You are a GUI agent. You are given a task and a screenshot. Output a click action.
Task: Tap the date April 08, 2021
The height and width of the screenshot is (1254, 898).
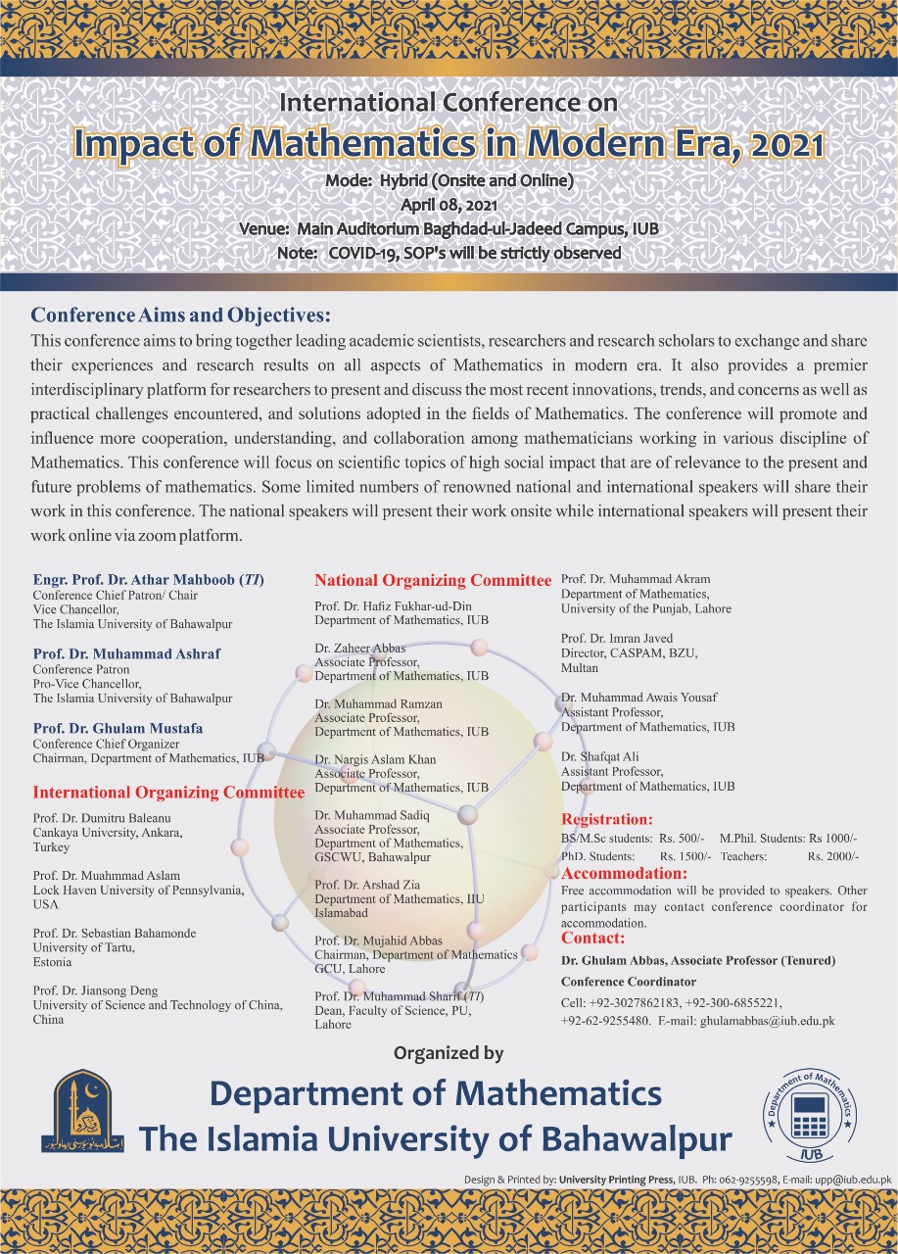pyautogui.click(x=449, y=205)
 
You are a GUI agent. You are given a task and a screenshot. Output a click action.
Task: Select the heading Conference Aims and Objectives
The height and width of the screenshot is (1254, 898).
pyautogui.click(x=181, y=315)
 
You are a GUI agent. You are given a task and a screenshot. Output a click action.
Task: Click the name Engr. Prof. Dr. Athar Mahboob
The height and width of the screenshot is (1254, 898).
pyautogui.click(x=148, y=579)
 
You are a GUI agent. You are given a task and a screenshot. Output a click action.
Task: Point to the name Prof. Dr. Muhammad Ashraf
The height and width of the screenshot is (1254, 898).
pyautogui.click(x=126, y=653)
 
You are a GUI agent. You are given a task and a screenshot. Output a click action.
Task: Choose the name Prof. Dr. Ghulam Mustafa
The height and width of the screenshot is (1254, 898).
pyautogui.click(x=118, y=728)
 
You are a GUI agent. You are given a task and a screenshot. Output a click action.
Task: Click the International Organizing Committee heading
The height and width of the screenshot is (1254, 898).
pyautogui.click(x=168, y=792)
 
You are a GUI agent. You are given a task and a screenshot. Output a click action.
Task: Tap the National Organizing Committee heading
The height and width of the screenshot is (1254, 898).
pyautogui.click(x=433, y=581)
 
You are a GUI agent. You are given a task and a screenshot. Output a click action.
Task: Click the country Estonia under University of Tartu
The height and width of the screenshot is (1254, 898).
pyautogui.click(x=52, y=962)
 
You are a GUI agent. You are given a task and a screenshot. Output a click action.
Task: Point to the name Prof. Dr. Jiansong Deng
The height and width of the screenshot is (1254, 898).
pyautogui.click(x=95, y=990)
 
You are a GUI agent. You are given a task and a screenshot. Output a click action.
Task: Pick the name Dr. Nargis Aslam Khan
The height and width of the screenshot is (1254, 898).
pyautogui.click(x=375, y=759)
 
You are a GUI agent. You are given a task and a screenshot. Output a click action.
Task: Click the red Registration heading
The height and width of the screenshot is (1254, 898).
pyautogui.click(x=606, y=819)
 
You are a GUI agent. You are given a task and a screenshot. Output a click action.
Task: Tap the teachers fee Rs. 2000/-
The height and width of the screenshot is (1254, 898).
pyautogui.click(x=832, y=856)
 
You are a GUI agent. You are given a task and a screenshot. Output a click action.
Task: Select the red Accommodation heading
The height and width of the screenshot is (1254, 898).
pyautogui.click(x=624, y=873)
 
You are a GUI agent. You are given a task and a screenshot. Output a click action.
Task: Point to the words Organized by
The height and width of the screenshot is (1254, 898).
pyautogui.click(x=449, y=1053)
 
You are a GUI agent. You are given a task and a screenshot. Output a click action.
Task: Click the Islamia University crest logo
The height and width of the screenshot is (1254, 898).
pyautogui.click(x=82, y=1112)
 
